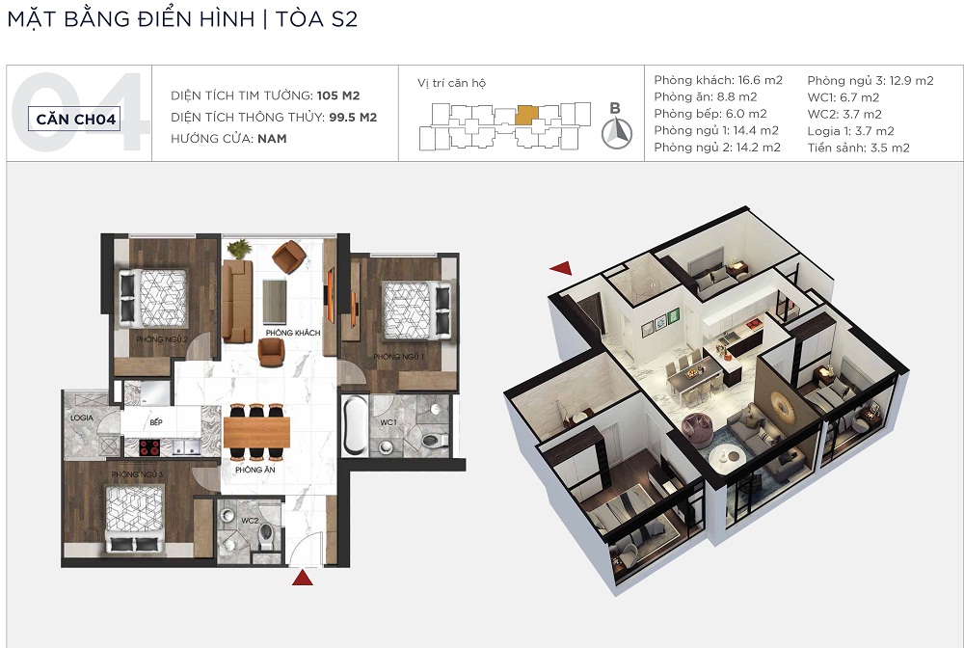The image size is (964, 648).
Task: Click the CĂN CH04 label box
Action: click(x=74, y=119)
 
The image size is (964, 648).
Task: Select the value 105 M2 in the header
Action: click(x=338, y=95)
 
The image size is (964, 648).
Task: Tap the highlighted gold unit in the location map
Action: click(x=527, y=116)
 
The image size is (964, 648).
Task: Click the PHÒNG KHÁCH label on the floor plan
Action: click(x=293, y=333)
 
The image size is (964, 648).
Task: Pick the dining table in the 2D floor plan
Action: click(x=256, y=432)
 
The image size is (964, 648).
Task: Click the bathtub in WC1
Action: click(x=355, y=425)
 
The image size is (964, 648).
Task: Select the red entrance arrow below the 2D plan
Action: click(x=303, y=578)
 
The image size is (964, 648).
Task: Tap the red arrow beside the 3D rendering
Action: click(x=561, y=267)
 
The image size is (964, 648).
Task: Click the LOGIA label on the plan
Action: click(x=82, y=418)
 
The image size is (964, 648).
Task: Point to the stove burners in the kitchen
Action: click(x=149, y=447)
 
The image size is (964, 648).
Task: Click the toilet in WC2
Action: click(x=266, y=536)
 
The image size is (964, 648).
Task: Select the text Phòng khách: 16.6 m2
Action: click(x=718, y=80)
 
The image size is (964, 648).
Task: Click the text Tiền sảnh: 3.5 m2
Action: click(x=859, y=148)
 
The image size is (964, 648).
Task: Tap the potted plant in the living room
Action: click(x=239, y=249)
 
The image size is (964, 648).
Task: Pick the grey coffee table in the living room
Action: click(x=275, y=302)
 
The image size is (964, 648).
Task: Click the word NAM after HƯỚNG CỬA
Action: click(x=273, y=138)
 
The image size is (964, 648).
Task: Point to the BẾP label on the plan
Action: click(x=156, y=422)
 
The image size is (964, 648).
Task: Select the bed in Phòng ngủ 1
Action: click(x=416, y=310)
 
